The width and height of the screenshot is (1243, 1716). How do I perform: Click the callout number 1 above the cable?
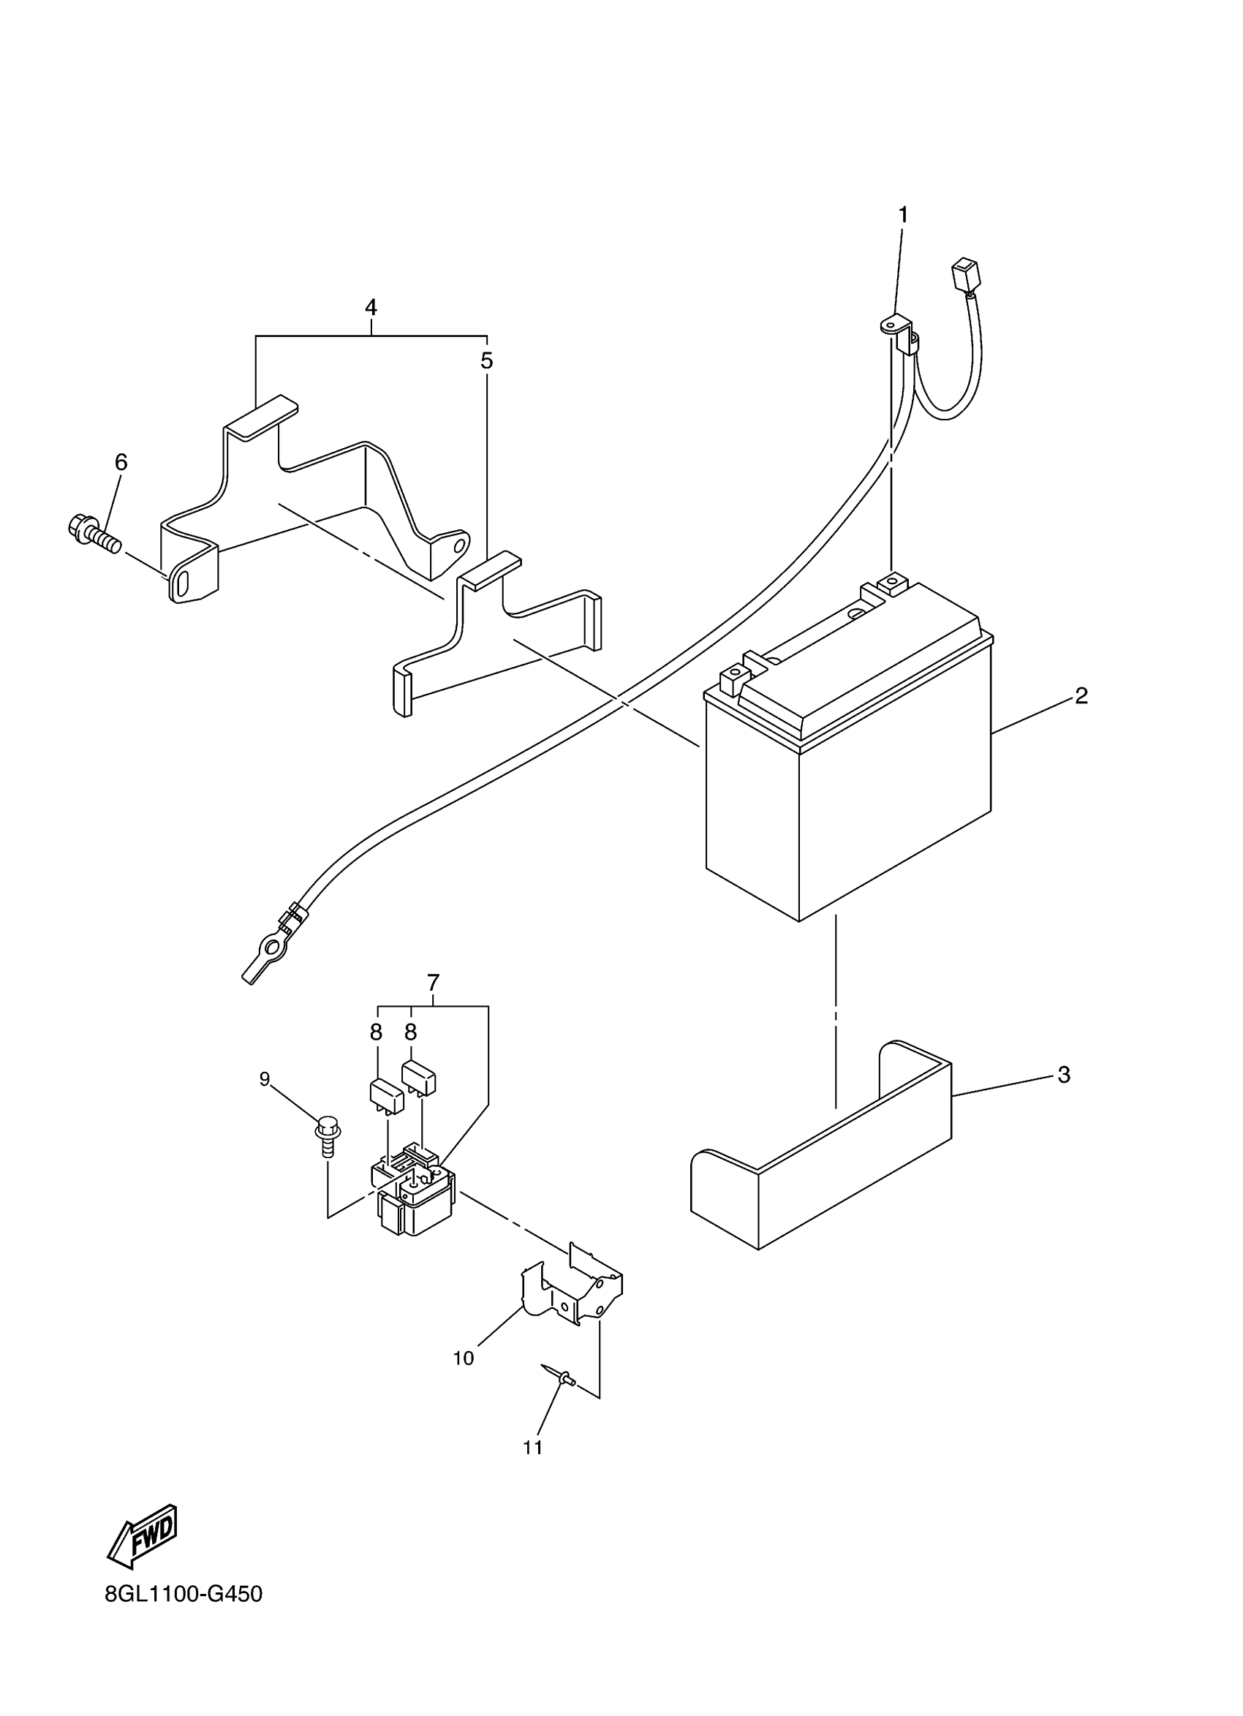[x=902, y=216]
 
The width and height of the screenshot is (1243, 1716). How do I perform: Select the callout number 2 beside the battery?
[x=1081, y=696]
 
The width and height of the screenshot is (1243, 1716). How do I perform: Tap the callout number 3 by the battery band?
[x=1063, y=1075]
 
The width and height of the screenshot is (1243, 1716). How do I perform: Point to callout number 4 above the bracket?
[x=371, y=307]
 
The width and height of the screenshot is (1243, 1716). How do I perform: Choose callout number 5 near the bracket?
[x=486, y=361]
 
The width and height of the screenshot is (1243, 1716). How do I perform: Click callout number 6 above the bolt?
[x=121, y=462]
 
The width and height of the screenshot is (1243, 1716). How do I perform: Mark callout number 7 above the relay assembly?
[x=433, y=983]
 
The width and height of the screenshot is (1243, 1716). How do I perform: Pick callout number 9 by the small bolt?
[x=265, y=1079]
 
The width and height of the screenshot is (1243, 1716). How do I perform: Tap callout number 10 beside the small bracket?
[x=463, y=1358]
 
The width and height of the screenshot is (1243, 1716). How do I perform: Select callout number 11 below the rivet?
[x=532, y=1448]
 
